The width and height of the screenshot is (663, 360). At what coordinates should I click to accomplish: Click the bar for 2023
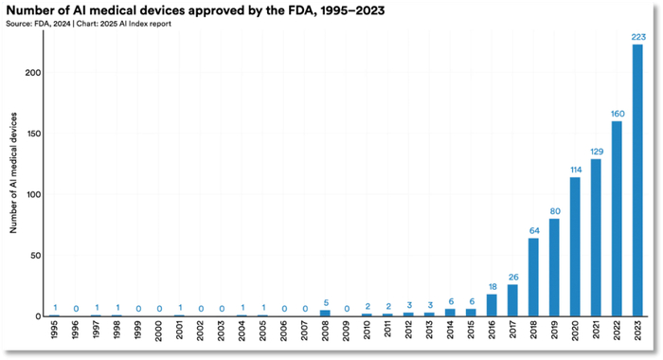[637, 181]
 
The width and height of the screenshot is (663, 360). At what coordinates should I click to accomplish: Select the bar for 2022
[617, 219]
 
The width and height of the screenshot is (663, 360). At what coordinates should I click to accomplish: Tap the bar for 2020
[575, 247]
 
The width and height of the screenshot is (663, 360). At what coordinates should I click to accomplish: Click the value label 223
[637, 37]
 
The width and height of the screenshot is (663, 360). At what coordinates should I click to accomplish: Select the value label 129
[596, 152]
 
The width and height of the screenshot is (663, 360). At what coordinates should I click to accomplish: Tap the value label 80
[554, 211]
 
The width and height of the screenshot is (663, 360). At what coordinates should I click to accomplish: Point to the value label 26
[512, 277]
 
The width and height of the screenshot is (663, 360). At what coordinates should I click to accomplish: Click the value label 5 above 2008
[325, 302]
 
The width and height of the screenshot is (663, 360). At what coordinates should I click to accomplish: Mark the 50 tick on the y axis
[36, 256]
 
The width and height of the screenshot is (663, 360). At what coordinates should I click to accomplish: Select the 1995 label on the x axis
[55, 333]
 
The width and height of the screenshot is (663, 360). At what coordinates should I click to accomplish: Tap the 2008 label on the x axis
[325, 333]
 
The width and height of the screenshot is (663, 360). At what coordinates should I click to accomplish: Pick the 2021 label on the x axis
[596, 333]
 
